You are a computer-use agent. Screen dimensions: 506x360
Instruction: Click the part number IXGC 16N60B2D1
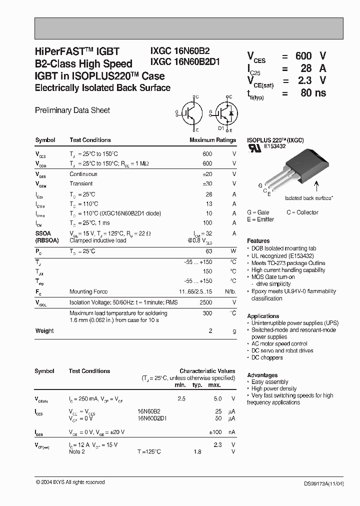tap(185, 62)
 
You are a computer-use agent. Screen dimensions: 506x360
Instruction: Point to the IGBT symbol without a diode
tap(189, 113)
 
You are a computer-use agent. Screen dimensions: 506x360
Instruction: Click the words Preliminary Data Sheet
tap(72, 110)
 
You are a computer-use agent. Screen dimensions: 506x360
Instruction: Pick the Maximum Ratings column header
tap(212, 140)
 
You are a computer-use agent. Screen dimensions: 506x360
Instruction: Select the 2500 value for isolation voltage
tap(205, 302)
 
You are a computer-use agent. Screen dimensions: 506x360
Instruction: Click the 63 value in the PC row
tap(208, 251)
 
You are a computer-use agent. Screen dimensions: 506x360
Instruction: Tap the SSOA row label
tap(43, 233)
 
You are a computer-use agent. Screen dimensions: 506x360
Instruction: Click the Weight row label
tap(44, 330)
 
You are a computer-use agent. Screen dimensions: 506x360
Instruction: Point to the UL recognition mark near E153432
tap(255, 148)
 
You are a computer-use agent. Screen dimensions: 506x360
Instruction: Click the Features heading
tap(258, 241)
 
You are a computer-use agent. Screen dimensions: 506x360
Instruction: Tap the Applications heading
tap(263, 316)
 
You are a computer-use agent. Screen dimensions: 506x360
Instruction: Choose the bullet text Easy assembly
tap(269, 381)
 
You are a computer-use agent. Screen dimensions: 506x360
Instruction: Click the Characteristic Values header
tap(207, 371)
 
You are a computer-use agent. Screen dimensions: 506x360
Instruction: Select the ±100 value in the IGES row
tap(214, 431)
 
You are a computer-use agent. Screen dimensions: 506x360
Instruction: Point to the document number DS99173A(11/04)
tap(324, 483)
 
